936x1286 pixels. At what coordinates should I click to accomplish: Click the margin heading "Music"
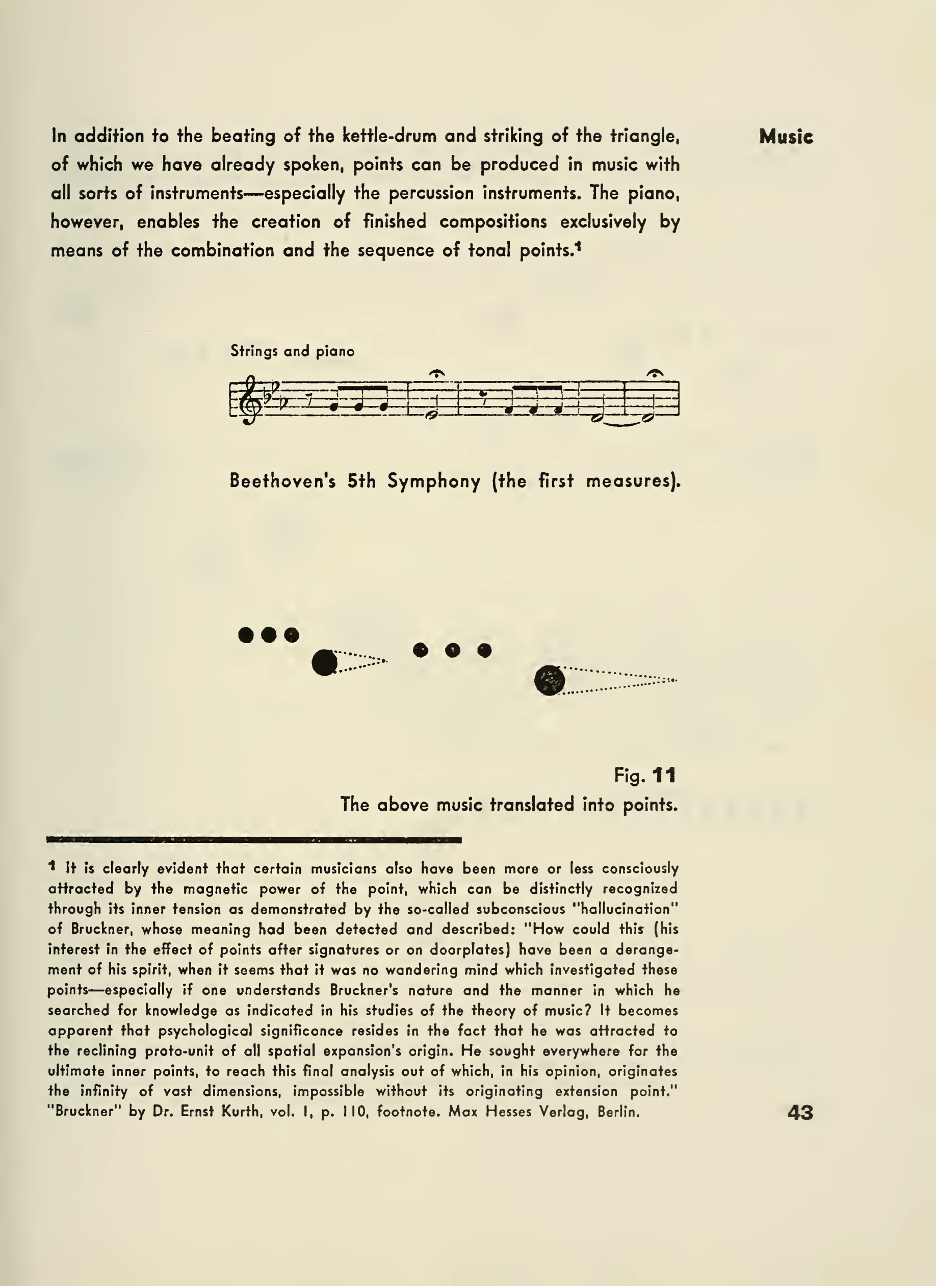pos(786,137)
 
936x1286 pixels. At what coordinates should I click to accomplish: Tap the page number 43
pos(800,1113)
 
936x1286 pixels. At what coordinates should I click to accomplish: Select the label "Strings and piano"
pos(292,351)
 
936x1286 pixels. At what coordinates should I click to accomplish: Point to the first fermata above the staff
pos(436,374)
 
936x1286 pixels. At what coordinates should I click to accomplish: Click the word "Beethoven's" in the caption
pos(282,481)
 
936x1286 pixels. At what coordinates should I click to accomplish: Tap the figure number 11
pos(664,775)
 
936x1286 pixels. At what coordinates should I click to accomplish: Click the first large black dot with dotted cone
pos(325,662)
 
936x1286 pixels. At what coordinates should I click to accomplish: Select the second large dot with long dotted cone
pos(550,680)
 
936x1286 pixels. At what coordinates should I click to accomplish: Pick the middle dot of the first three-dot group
pos(269,634)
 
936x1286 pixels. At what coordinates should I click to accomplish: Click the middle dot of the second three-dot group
pos(452,650)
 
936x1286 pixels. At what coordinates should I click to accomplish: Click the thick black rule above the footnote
pos(254,840)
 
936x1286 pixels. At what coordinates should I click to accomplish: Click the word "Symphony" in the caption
pos(434,481)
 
